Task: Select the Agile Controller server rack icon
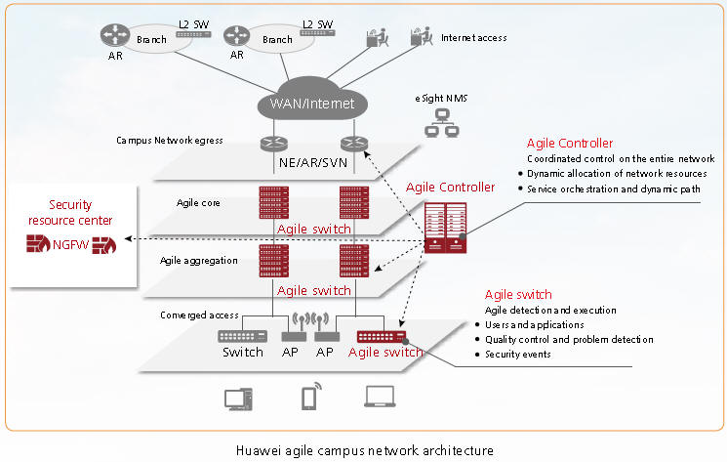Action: tap(445, 227)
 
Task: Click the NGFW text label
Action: tap(70, 244)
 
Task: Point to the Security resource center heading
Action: tap(69, 213)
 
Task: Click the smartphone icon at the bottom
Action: tap(308, 398)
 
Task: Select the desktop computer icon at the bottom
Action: tap(237, 398)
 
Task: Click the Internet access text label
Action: tap(473, 38)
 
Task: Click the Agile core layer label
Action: tap(199, 202)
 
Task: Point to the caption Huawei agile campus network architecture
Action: tap(364, 450)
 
